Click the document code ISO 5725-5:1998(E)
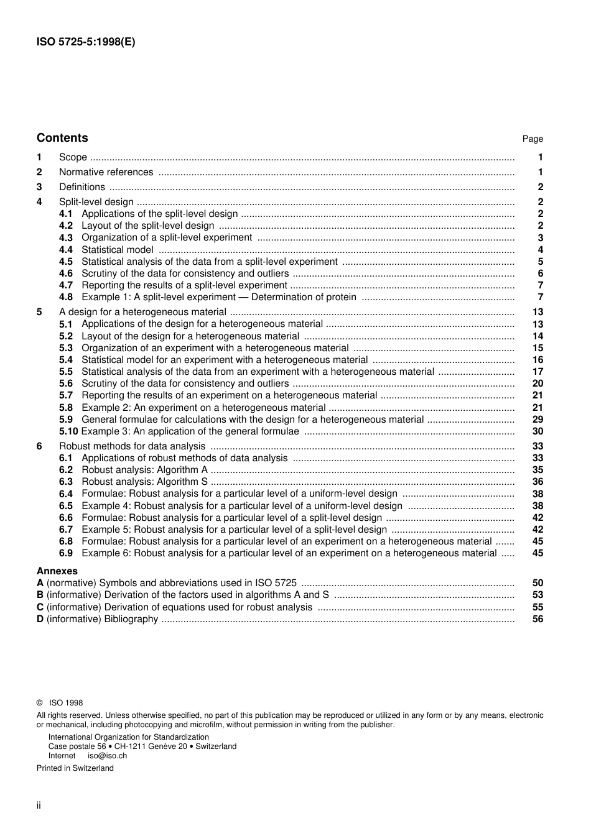pos(85,42)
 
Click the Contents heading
pos(62,138)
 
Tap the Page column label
pos(533,139)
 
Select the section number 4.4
pos(66,250)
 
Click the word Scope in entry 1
pos(73,157)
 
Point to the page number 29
pos(537,420)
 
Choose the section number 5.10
pos(68,431)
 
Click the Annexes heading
pos(57,571)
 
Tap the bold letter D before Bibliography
pos(40,619)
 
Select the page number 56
pos(537,619)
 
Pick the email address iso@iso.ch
pos(107,756)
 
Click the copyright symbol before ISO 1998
pos(40,703)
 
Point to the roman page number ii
pos(39,806)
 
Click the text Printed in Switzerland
pos(75,768)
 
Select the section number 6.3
pos(66,482)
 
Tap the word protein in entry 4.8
pos(340,297)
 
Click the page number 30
pos(537,431)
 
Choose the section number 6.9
pos(66,553)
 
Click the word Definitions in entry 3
pos(82,187)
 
